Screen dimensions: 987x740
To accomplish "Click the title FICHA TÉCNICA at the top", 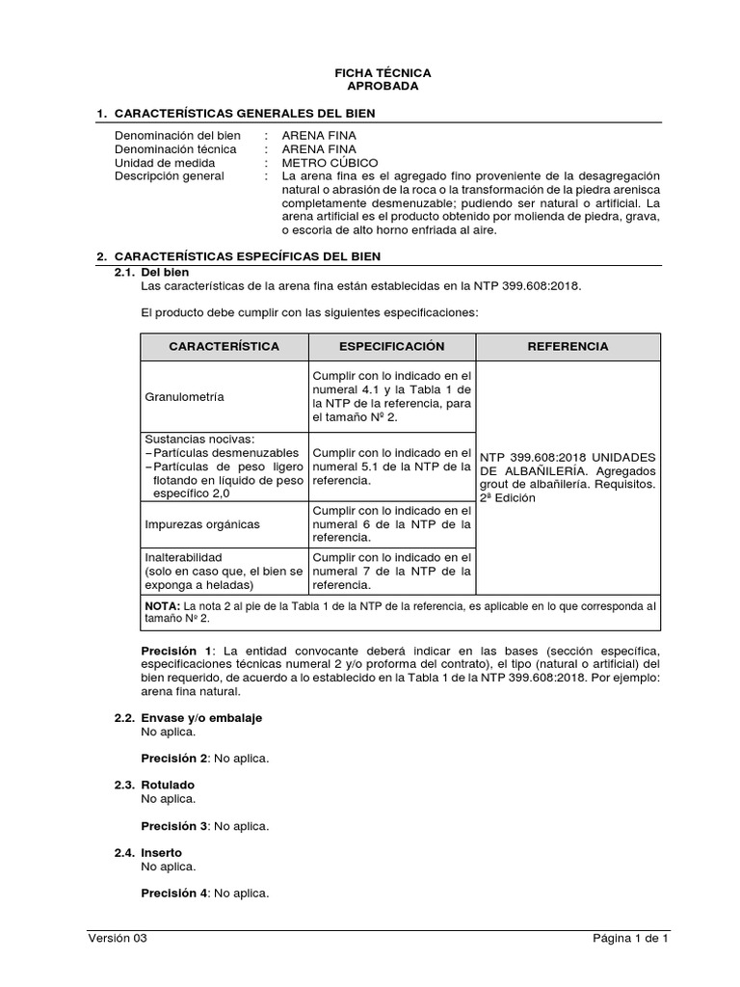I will pyautogui.click(x=383, y=73).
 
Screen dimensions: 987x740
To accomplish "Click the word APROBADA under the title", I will pyautogui.click(x=383, y=87).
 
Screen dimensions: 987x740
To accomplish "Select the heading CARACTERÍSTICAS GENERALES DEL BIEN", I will pyautogui.click(x=244, y=114).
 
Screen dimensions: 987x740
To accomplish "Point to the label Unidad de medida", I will pyautogui.click(x=165, y=163).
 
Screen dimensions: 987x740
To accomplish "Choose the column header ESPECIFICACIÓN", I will pyautogui.click(x=391, y=346).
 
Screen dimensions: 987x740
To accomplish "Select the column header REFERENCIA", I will pyautogui.click(x=568, y=346).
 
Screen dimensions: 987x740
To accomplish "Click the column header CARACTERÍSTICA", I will pyautogui.click(x=224, y=346).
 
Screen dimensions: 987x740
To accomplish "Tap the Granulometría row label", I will pyautogui.click(x=183, y=396).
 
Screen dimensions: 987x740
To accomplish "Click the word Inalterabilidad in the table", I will pyautogui.click(x=184, y=557).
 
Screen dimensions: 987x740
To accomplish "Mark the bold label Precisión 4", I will pyautogui.click(x=174, y=893).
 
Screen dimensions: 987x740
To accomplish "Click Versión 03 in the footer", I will pyautogui.click(x=118, y=938).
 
